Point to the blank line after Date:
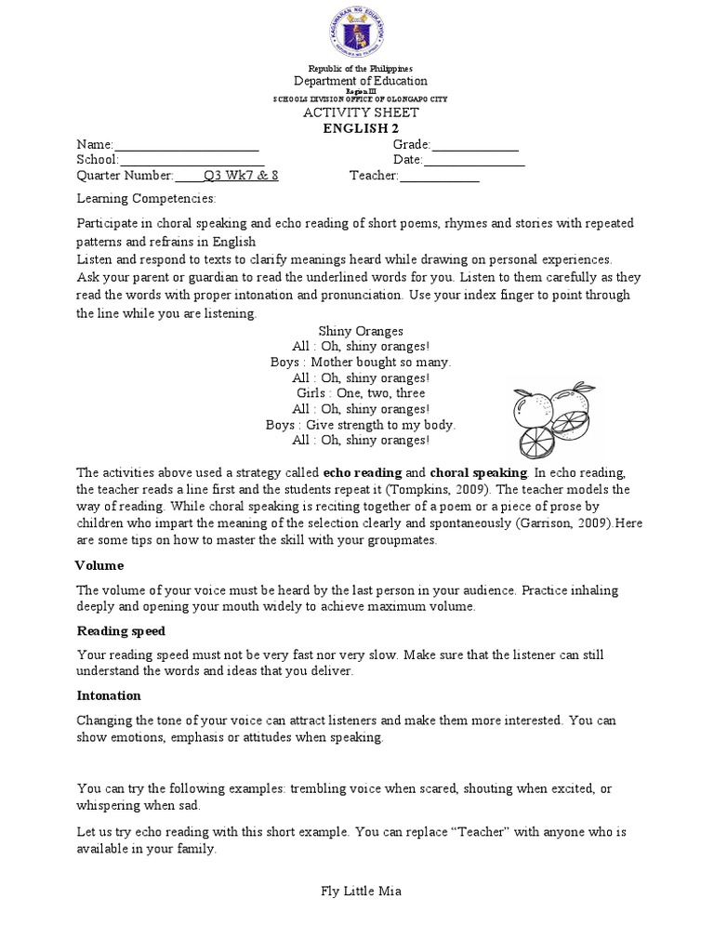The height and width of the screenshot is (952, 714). [x=474, y=160]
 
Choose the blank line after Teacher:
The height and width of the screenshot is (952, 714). [x=439, y=175]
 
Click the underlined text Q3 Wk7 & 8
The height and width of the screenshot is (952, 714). [x=241, y=175]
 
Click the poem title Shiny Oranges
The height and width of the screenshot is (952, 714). [x=361, y=331]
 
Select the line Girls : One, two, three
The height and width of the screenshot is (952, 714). [x=361, y=393]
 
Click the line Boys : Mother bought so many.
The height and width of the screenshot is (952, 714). [x=361, y=362]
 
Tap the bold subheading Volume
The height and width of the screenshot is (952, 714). [x=99, y=565]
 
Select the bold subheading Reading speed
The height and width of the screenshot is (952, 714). [x=121, y=631]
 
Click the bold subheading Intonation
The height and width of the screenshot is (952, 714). [x=109, y=695]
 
